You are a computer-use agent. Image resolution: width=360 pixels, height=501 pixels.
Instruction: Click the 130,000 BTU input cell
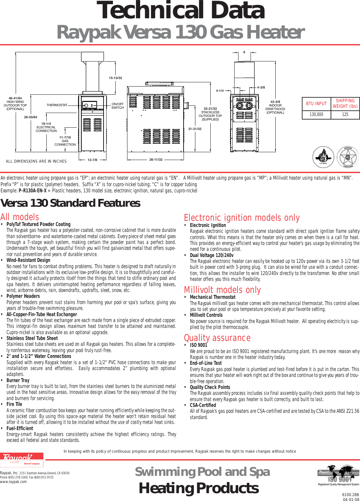tap(316, 115)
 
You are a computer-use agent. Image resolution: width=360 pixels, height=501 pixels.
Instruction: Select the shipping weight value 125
tap(345, 115)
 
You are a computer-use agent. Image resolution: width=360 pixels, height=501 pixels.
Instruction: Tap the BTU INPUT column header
tap(316, 104)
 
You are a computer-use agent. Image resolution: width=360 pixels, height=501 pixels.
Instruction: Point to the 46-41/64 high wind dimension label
tap(15, 104)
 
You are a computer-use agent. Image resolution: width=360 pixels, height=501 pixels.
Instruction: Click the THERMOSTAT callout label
tap(57, 105)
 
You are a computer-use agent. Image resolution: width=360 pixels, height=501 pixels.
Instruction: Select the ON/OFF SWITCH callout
tap(118, 106)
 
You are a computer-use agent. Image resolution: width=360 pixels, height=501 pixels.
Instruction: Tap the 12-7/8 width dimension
tap(92, 160)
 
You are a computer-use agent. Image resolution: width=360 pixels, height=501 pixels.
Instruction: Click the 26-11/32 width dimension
tap(156, 160)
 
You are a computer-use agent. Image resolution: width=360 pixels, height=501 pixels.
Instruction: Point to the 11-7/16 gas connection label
tap(65, 141)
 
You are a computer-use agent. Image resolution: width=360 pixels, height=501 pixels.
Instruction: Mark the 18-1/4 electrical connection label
tap(46, 127)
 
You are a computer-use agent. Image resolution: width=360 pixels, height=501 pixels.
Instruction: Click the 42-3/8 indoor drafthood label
tap(275, 107)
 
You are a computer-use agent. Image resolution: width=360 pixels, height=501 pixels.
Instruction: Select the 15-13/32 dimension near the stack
tap(115, 78)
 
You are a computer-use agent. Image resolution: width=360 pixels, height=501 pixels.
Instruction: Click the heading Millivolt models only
tap(222, 290)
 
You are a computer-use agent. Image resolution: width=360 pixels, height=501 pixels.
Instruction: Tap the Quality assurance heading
tap(217, 338)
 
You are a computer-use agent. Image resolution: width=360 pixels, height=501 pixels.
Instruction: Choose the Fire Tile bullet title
tap(14, 404)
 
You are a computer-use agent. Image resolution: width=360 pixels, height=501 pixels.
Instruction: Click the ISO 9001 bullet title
tap(198, 345)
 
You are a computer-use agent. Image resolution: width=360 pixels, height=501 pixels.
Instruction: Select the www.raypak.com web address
tap(13, 482)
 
